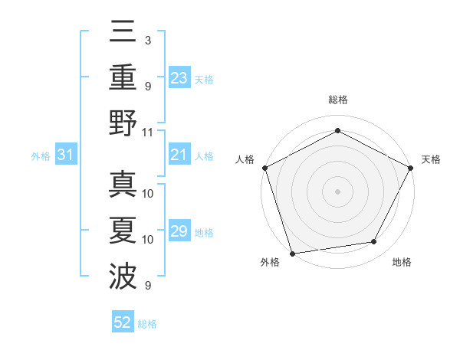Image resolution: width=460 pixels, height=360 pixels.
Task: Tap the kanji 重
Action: (x=123, y=77)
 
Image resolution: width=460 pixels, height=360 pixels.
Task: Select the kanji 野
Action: (x=123, y=123)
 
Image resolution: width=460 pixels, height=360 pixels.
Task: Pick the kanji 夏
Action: (x=123, y=231)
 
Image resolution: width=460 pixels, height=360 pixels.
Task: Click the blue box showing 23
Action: (x=179, y=78)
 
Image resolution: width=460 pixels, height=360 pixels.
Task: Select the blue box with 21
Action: (x=179, y=155)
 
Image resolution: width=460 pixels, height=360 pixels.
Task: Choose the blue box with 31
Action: (x=65, y=155)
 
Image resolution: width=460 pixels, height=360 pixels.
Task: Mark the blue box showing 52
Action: (x=123, y=322)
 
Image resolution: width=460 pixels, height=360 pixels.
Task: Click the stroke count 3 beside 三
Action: (x=147, y=39)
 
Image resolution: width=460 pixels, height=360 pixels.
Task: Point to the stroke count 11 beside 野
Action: (x=149, y=132)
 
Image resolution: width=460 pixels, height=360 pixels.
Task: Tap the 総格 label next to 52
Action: (x=147, y=324)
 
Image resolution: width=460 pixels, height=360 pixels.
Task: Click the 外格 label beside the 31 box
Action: (x=41, y=156)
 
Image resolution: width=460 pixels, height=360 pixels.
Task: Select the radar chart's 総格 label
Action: (x=337, y=100)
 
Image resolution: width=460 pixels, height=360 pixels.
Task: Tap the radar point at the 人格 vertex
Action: (x=264, y=167)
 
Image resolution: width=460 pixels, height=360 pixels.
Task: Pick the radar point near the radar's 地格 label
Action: (x=374, y=242)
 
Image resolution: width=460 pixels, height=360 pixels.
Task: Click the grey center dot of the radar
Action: (x=337, y=191)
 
